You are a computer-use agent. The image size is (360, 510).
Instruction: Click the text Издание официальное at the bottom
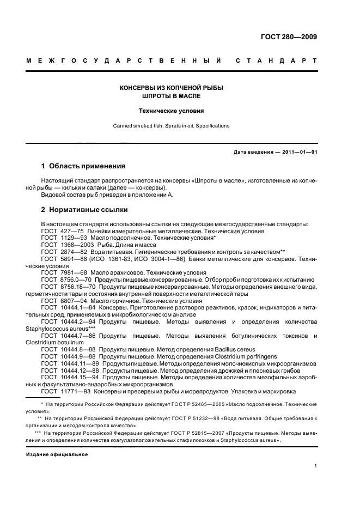pos(57,453)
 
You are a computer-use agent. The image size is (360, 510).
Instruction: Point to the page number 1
pos(316,466)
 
